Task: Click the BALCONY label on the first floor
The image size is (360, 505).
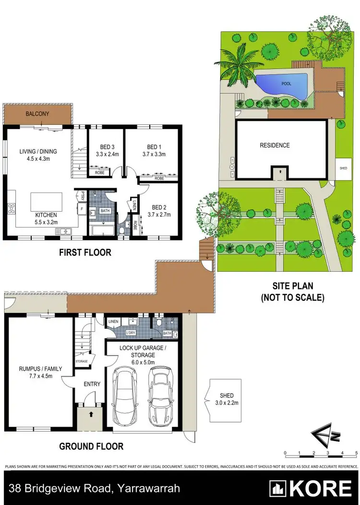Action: tap(38, 114)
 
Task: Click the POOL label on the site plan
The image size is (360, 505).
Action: tap(286, 84)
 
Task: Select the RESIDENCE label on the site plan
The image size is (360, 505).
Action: tap(275, 145)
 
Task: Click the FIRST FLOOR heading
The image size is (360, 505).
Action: tap(85, 252)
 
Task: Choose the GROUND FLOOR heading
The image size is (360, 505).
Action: tap(91, 446)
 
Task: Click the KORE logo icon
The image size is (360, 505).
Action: tap(278, 488)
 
